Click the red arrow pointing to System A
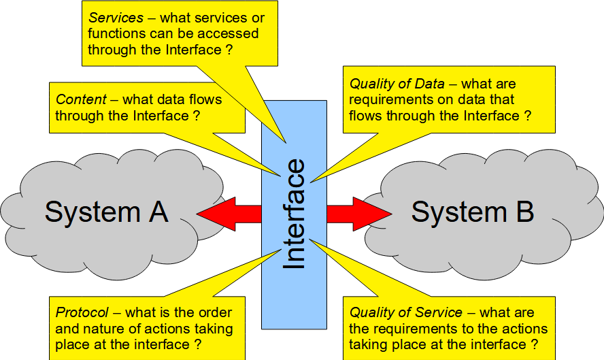(x=229, y=214)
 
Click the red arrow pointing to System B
(x=359, y=214)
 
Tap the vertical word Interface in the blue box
(x=295, y=214)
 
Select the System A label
(x=106, y=212)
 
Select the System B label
(x=473, y=212)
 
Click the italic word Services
(x=116, y=18)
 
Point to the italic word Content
(x=81, y=99)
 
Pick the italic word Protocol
(x=82, y=312)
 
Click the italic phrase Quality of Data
(x=397, y=84)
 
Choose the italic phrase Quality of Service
(x=405, y=312)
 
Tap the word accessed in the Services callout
(x=228, y=33)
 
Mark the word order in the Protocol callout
(x=215, y=312)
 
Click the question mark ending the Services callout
(x=230, y=50)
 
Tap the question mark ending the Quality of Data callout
(x=528, y=116)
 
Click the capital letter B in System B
(x=525, y=212)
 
